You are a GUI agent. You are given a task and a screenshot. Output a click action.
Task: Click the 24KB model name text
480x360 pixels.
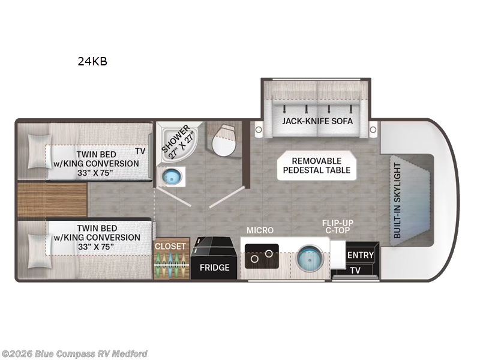(92, 61)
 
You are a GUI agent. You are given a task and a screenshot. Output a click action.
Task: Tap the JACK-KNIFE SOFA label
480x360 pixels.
(317, 121)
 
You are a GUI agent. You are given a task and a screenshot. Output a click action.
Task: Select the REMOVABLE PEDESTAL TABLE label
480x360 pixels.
(317, 166)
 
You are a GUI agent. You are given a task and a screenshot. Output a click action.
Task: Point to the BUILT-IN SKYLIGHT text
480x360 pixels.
(397, 200)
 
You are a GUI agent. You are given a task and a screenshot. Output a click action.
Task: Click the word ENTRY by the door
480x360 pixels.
(361, 255)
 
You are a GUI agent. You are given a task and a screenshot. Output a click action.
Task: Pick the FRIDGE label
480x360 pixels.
(215, 268)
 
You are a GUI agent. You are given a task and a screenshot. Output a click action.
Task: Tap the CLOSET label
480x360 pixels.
(170, 247)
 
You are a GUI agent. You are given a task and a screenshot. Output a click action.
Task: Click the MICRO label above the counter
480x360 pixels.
(260, 230)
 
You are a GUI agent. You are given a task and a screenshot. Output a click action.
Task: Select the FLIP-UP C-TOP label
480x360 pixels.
(338, 227)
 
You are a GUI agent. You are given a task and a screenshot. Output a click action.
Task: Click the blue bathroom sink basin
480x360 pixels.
(172, 176)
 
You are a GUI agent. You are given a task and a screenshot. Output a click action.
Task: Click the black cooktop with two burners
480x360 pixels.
(262, 256)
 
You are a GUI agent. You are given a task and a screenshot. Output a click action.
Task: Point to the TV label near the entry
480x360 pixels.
(355, 271)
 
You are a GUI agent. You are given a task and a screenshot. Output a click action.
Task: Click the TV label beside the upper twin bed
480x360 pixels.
(140, 151)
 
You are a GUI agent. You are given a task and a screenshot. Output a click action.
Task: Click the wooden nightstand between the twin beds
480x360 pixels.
(52, 200)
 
